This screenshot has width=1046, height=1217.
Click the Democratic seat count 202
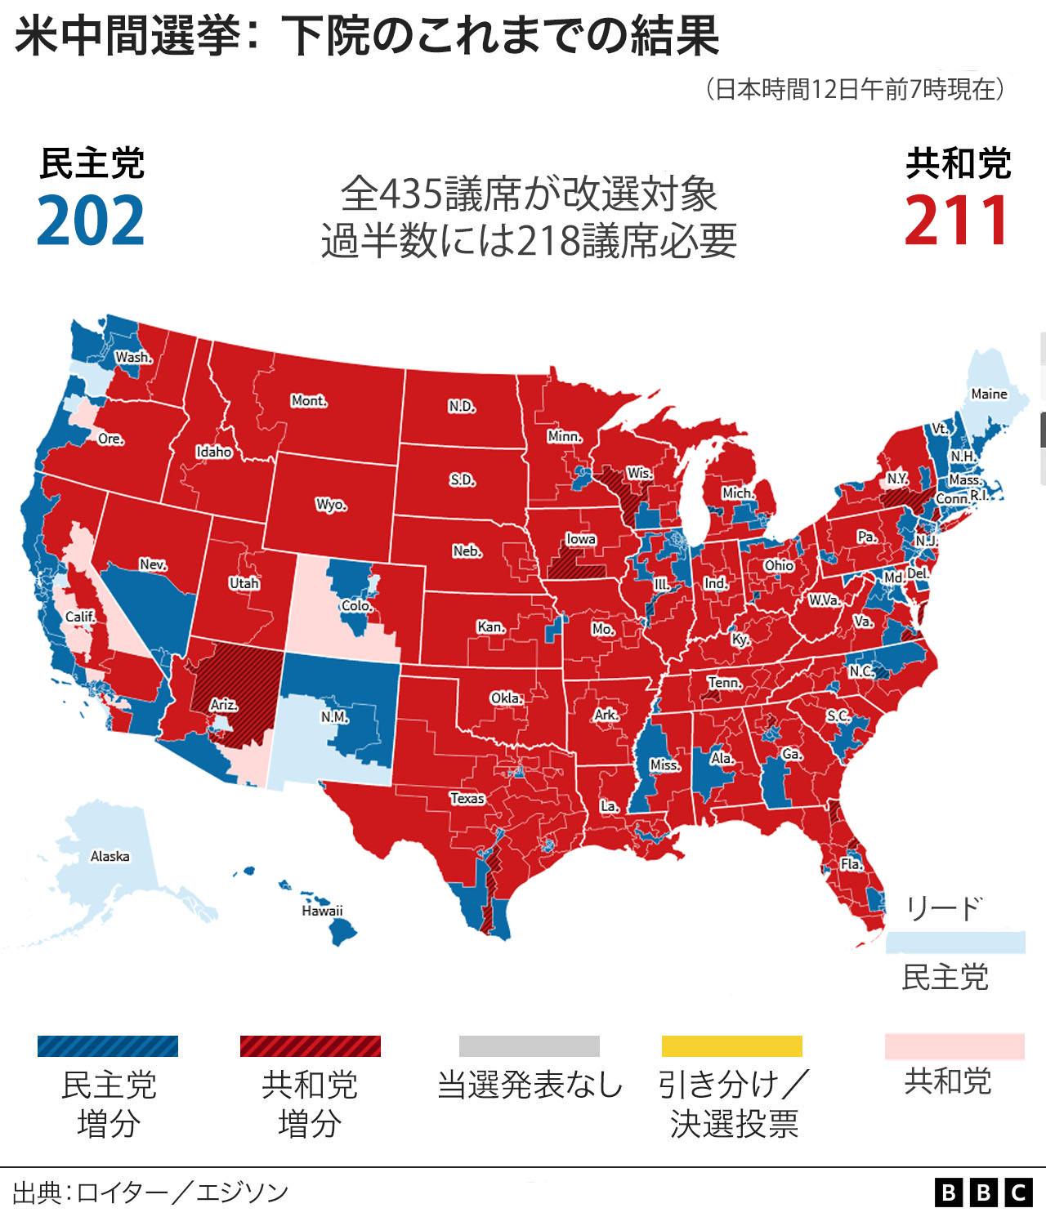91,221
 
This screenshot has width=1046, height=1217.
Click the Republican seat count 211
957,221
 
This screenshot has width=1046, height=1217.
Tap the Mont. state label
309,401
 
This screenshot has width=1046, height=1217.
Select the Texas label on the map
467,798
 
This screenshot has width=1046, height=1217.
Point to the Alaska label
110,856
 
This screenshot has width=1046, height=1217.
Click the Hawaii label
322,911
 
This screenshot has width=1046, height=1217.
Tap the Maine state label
989,394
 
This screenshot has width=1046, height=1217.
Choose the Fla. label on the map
851,864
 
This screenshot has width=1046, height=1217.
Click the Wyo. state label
331,504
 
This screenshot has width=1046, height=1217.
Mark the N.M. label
334,716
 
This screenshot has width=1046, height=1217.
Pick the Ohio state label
779,565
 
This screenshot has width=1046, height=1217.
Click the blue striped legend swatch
108,1046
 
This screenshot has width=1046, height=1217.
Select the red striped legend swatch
310,1046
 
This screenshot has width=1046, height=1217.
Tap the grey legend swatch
529,1046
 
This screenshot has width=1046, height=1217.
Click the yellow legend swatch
731,1046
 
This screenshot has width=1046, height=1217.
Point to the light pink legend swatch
954,1046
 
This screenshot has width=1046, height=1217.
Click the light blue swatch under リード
954,943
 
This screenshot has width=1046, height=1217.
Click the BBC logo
984,1192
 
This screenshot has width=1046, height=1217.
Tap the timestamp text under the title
855,89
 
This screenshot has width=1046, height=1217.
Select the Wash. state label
133,357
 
